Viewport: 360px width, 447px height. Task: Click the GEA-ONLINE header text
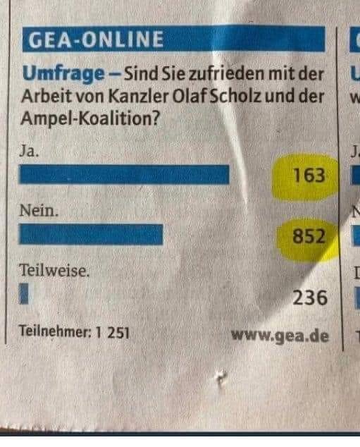[94, 39]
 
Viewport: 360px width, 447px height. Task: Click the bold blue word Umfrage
[55, 73]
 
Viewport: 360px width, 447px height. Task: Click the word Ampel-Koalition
[87, 119]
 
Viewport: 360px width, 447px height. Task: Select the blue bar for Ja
[125, 174]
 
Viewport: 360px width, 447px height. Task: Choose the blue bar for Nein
[92, 234]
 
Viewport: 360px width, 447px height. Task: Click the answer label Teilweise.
[55, 271]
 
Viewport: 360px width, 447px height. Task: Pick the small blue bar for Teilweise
[24, 294]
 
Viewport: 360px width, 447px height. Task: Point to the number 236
[310, 298]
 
